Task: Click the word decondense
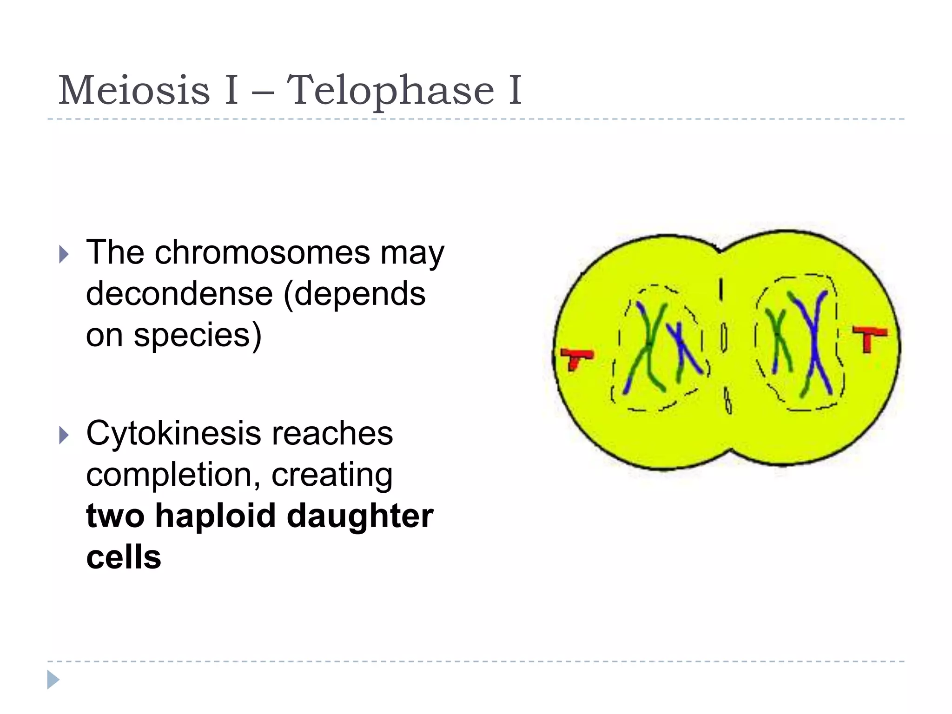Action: coord(179,294)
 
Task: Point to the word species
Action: coord(193,335)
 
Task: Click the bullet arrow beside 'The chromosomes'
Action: coord(64,254)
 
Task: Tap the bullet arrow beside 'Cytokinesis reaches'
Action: coord(64,435)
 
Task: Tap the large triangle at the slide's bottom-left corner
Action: coord(53,680)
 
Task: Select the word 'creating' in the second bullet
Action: coord(332,475)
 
